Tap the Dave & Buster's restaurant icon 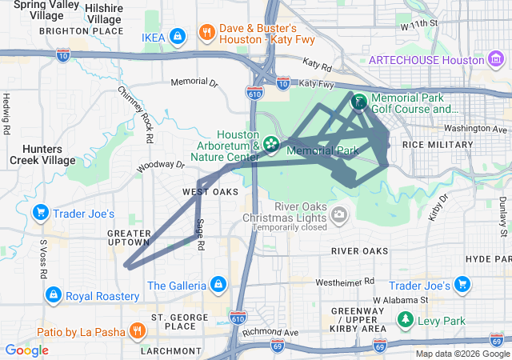coord(207,33)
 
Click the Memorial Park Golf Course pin coord(359,102)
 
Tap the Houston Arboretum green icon coord(272,144)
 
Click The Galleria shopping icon coord(217,285)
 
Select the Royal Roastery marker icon coord(54,295)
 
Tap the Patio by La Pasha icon coord(138,331)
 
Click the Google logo coord(26,350)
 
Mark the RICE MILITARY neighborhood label coord(438,144)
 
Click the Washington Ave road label coord(477,128)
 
